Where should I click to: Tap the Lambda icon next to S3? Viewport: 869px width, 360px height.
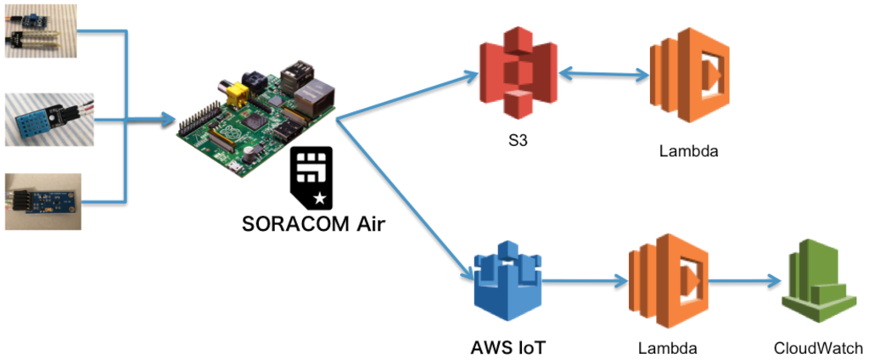689,77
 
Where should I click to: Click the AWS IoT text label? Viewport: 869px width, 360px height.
507,346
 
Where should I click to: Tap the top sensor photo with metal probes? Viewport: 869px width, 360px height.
41,31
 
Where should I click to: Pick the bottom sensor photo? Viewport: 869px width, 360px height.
43,201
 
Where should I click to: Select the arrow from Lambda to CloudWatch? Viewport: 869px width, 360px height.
743,281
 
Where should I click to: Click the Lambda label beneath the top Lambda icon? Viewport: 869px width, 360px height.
688,153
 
